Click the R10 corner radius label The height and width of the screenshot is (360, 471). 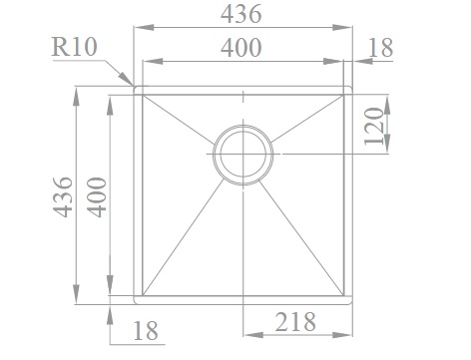coord(74,47)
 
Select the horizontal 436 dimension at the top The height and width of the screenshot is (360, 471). coord(241,14)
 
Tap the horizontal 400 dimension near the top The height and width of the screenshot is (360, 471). coord(241,48)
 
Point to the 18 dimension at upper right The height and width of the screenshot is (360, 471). coord(381,48)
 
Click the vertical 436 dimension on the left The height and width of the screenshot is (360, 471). coord(63,197)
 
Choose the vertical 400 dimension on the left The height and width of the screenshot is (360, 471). coord(97,197)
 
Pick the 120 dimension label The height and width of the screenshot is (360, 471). coord(374,127)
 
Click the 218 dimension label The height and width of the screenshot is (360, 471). coord(295,322)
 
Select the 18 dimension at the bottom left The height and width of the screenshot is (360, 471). coord(146,331)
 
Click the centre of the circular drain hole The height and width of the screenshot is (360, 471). coord(243,154)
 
